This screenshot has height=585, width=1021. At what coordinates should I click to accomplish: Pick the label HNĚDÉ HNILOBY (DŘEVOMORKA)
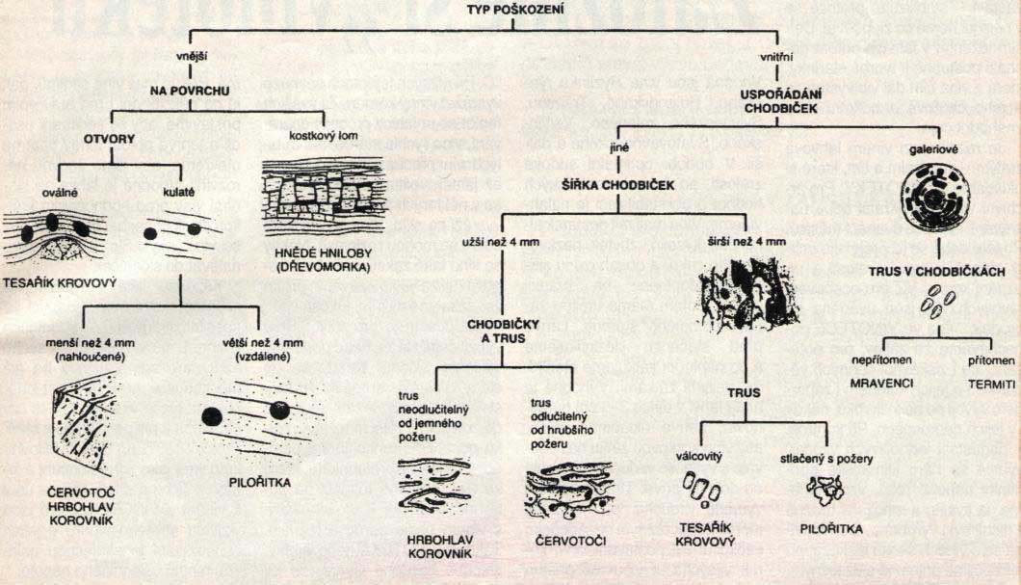click(316, 258)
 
